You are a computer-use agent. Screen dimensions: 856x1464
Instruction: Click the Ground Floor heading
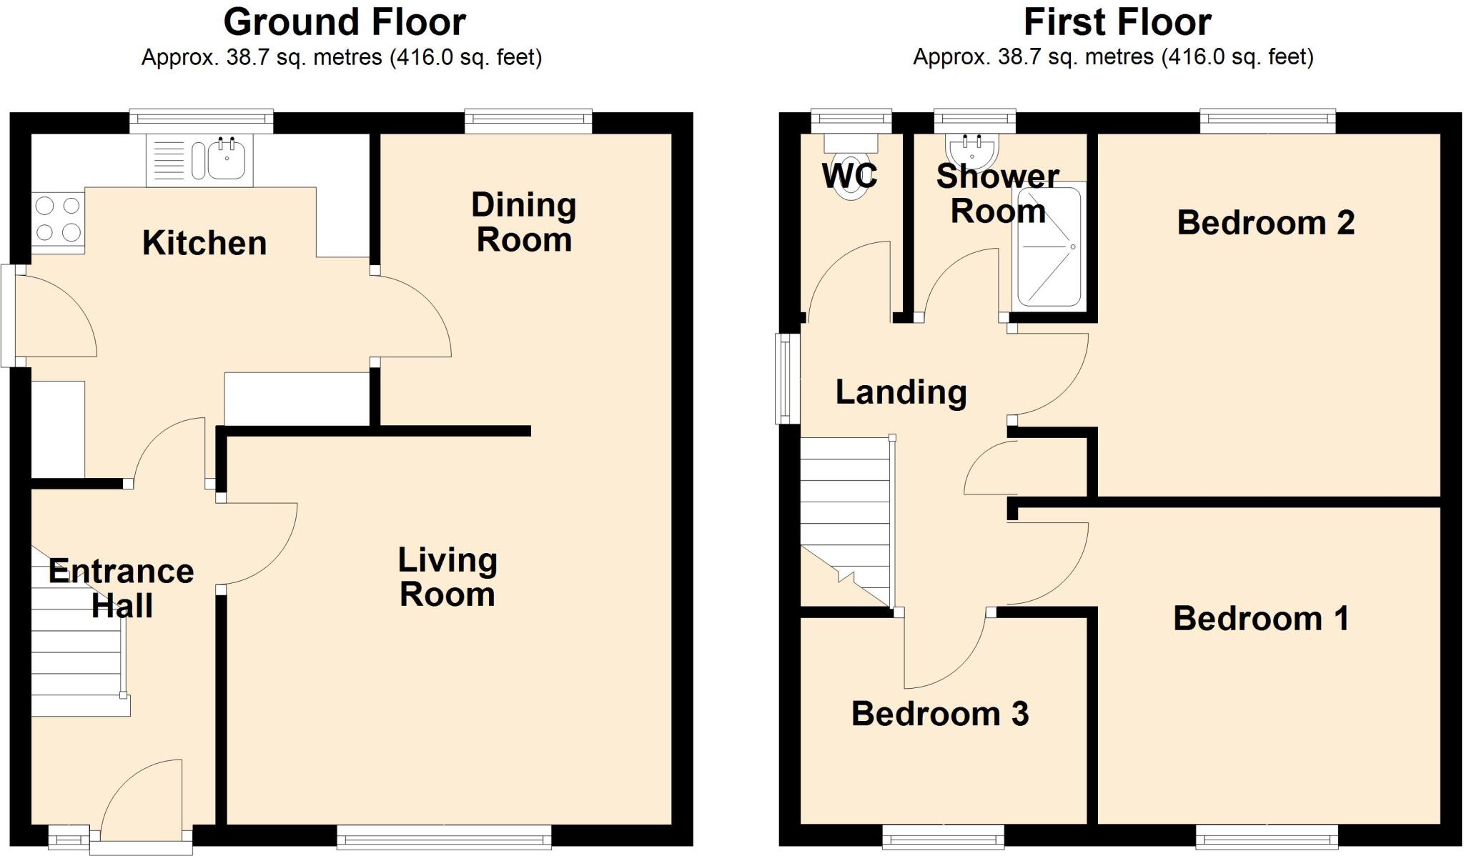pyautogui.click(x=345, y=22)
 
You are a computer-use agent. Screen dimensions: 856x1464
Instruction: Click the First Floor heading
pyautogui.click(x=1117, y=22)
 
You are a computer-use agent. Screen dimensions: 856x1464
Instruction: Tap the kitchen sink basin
pyautogui.click(x=227, y=159)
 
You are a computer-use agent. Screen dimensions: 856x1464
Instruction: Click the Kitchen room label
pyautogui.click(x=204, y=243)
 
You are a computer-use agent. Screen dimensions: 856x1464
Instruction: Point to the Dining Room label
pyautogui.click(x=524, y=222)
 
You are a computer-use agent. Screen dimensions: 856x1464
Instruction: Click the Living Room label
pyautogui.click(x=447, y=577)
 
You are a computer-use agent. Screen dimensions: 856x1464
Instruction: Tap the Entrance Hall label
pyautogui.click(x=122, y=588)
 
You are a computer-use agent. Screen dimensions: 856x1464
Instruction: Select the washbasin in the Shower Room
pyautogui.click(x=972, y=150)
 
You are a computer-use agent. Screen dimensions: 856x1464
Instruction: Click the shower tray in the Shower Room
pyautogui.click(x=1049, y=247)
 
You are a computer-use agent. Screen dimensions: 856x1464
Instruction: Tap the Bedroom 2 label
pyautogui.click(x=1265, y=223)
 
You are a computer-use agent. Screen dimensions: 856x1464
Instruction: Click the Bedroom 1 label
pyautogui.click(x=1261, y=619)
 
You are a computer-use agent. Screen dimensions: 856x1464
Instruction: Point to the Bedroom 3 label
pyautogui.click(x=940, y=714)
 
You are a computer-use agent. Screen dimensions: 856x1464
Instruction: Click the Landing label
pyautogui.click(x=901, y=392)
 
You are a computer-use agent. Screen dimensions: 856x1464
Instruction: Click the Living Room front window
pyautogui.click(x=444, y=835)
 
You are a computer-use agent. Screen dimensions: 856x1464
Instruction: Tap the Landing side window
pyautogui.click(x=788, y=379)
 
